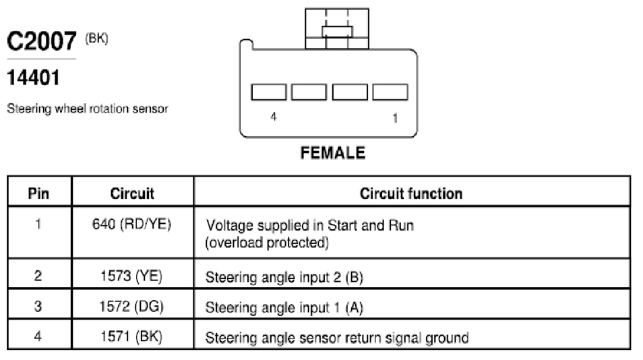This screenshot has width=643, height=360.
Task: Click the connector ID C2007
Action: click(42, 41)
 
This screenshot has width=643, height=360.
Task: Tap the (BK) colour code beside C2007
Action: click(97, 38)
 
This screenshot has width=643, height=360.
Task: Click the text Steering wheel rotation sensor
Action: click(88, 109)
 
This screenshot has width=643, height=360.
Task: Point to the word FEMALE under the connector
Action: click(332, 153)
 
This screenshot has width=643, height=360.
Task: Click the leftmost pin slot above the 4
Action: click(269, 92)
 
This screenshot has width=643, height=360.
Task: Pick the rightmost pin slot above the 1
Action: click(390, 92)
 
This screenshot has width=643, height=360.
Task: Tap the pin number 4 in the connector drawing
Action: click(274, 117)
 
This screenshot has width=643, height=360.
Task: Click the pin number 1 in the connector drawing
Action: click(395, 118)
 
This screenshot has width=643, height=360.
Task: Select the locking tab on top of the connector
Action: click(337, 29)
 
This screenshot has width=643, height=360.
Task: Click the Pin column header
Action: click(38, 193)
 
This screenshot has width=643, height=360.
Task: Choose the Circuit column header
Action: click(132, 193)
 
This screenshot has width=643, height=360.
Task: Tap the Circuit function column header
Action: click(411, 193)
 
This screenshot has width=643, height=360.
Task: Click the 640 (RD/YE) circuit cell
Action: click(131, 224)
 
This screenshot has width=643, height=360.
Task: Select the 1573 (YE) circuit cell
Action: click(131, 276)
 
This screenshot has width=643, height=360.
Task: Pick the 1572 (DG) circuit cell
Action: click(131, 306)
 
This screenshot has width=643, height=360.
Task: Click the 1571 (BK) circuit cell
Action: click(131, 336)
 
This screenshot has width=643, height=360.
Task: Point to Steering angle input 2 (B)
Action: click(284, 277)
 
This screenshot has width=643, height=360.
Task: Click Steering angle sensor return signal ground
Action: click(337, 338)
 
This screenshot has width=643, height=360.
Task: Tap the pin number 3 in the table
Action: click(38, 306)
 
